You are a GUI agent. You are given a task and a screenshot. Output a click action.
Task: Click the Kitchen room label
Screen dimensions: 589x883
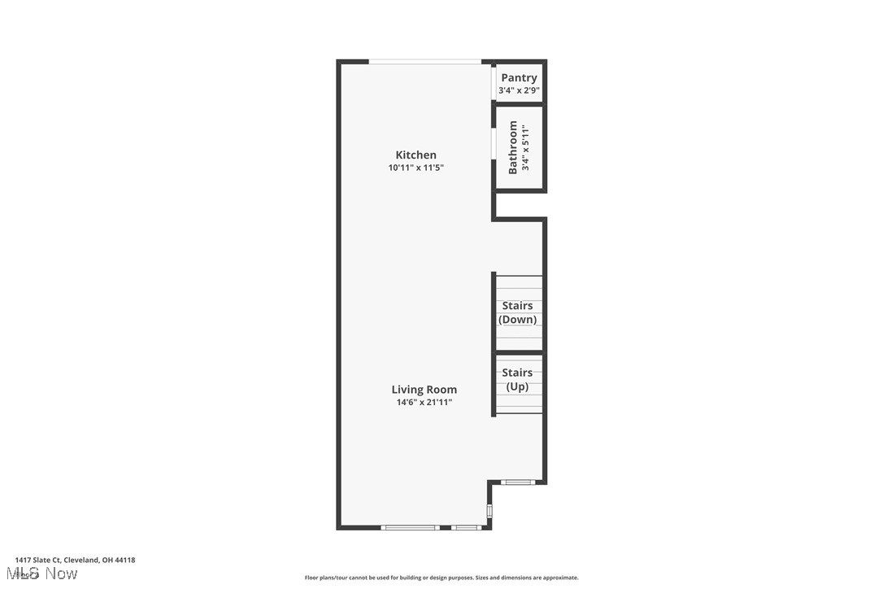coord(415,155)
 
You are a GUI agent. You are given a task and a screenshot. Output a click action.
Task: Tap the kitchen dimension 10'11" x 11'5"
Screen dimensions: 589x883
coord(415,168)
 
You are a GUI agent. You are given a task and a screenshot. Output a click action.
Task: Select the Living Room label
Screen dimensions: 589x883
coord(424,389)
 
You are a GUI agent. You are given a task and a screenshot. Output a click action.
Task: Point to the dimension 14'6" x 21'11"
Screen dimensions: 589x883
coord(424,402)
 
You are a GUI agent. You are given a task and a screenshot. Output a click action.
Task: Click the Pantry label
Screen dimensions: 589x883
coord(519,77)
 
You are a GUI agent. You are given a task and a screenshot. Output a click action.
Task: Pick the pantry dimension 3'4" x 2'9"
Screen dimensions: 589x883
coord(519,90)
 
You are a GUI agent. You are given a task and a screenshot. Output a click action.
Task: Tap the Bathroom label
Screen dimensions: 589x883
coord(513,147)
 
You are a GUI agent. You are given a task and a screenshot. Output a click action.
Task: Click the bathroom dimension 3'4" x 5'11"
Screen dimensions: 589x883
coord(526,147)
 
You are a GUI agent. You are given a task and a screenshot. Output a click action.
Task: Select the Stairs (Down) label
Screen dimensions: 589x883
coord(518,312)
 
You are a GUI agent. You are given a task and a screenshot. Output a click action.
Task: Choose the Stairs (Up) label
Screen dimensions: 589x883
coord(517,379)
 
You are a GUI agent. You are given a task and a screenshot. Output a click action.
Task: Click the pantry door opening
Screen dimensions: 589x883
coord(494,81)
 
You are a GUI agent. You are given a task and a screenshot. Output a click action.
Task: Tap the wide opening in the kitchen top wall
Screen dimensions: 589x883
coord(425,62)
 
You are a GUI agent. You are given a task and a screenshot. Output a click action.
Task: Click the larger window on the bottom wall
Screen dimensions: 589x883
coord(411,527)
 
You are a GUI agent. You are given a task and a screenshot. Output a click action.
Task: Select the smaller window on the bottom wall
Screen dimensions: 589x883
coord(466,527)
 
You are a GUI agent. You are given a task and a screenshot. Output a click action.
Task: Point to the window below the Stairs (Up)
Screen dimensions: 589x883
coord(517,482)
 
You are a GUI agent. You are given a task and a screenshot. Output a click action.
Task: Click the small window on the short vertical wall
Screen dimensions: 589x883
coord(489,511)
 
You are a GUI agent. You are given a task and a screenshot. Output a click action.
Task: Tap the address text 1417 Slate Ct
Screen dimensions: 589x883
coord(75,560)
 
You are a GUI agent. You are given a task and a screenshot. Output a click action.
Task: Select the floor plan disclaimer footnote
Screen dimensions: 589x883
coord(441,578)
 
